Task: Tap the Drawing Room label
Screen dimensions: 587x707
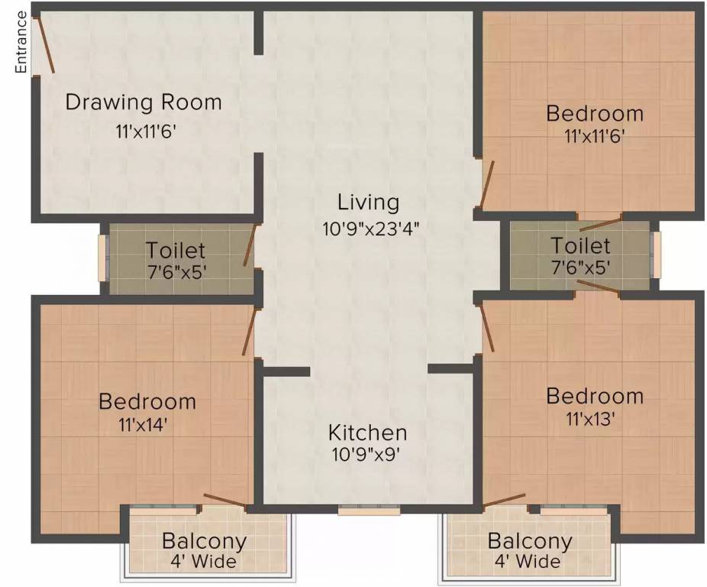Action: click(x=144, y=102)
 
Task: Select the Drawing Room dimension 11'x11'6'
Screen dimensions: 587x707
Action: click(x=146, y=131)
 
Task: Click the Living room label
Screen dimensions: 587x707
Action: click(x=369, y=203)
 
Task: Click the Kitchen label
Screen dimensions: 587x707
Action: click(x=367, y=433)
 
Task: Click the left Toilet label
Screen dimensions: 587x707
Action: click(x=176, y=250)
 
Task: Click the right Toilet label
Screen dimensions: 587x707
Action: click(x=581, y=245)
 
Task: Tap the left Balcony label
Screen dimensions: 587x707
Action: click(x=204, y=542)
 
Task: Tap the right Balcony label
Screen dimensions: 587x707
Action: click(x=530, y=542)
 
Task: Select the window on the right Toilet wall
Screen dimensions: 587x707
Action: click(x=656, y=255)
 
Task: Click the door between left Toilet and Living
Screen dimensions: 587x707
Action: click(x=249, y=247)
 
